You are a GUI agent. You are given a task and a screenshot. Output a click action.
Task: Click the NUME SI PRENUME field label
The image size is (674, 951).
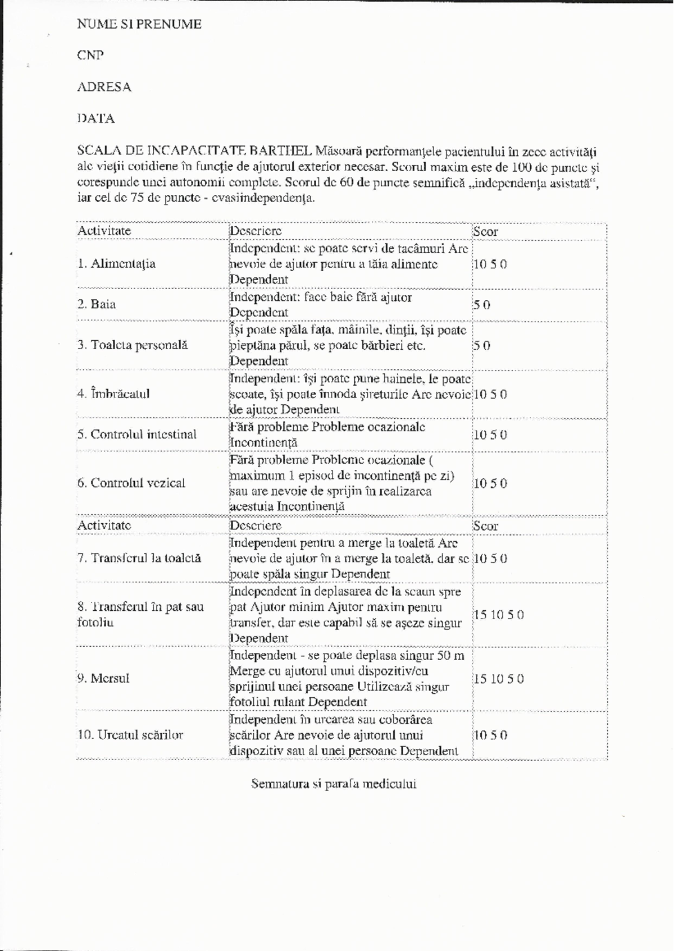coord(139,24)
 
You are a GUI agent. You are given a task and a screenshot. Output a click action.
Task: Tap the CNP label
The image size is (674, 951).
coord(90,55)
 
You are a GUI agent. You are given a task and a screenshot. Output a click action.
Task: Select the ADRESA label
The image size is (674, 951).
coord(104,87)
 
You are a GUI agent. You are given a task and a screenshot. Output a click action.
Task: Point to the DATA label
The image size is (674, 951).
coord(96,118)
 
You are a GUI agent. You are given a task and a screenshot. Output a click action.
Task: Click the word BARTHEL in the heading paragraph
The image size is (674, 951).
coord(281,151)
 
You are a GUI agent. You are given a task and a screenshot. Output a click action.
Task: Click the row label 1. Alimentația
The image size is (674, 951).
coord(116,264)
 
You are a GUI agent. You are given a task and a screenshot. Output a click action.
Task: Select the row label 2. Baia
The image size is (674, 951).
coord(97,304)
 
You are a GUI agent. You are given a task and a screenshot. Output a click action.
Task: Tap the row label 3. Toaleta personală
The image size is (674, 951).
coord(133,345)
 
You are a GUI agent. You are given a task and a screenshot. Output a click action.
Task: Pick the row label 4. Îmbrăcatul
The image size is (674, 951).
coord(113,394)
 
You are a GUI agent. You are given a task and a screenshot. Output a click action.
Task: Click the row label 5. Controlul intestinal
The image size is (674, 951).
coord(137,435)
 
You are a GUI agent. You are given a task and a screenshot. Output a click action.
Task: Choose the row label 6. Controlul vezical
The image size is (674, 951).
coord(131,483)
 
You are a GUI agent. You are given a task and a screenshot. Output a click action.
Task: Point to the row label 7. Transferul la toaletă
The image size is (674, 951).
coord(139,559)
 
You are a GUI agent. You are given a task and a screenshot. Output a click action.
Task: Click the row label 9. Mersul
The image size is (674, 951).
coord(103,678)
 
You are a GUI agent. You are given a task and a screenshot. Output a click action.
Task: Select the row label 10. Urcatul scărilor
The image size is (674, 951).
coord(130,735)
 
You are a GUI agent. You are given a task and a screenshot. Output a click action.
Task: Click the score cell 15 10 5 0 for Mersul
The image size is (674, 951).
coord(499,679)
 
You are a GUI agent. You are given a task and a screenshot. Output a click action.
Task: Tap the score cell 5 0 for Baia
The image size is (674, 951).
coord(481,305)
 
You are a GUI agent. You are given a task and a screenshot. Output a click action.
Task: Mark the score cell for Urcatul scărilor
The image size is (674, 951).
coord(490,735)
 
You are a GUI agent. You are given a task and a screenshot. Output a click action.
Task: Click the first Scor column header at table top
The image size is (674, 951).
coord(485,231)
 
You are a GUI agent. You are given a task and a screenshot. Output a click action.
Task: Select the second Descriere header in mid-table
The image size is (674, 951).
coord(256,526)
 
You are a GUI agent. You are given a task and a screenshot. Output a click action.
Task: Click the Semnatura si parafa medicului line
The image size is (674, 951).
coord(334,784)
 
